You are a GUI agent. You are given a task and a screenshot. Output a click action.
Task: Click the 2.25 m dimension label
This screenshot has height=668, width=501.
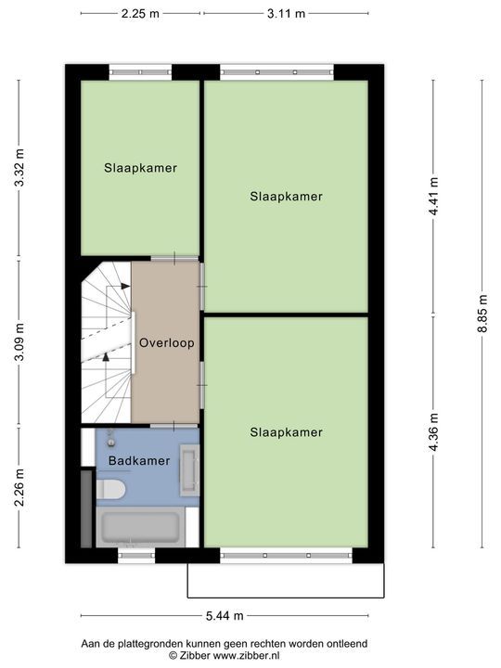point(140,13)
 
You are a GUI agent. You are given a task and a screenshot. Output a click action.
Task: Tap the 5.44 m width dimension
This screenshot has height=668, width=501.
point(225,615)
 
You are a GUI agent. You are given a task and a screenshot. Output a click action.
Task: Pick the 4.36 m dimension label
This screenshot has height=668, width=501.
point(433,430)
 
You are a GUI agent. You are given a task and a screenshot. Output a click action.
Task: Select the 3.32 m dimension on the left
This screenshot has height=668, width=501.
point(19,169)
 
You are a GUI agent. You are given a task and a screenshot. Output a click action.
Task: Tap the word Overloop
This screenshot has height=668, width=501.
point(166,342)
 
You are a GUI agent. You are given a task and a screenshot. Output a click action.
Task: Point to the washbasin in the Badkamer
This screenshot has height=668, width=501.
point(189,469)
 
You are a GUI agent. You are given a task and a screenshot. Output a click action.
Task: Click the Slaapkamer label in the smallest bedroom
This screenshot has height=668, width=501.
point(140,168)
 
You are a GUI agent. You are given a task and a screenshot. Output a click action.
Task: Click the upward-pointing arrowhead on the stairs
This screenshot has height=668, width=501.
point(106,354)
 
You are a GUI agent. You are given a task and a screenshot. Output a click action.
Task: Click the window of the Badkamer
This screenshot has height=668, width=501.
point(136,556)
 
